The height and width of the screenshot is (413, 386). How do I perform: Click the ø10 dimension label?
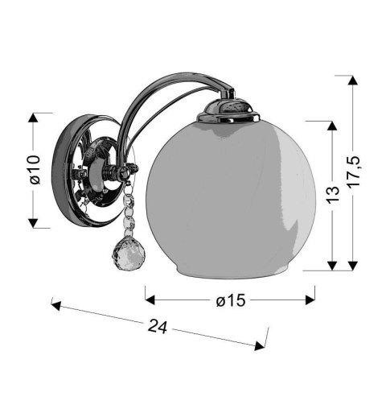point(35,170)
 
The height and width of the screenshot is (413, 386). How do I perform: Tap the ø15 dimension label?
point(231,300)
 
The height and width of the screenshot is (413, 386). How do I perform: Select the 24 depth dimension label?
point(158,326)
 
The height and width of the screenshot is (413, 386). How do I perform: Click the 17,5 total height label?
point(353,172)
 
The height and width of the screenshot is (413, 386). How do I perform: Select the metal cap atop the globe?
point(228,110)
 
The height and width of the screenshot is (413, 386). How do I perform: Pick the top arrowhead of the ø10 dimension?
point(33,118)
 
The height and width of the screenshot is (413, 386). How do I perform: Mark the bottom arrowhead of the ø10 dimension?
point(33,223)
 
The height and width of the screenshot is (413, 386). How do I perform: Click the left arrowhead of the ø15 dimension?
point(150,299)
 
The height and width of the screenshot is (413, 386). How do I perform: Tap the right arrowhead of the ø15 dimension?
point(310,299)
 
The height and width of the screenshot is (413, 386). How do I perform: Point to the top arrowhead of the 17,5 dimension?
point(353,81)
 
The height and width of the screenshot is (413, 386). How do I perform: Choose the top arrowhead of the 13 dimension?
point(332,126)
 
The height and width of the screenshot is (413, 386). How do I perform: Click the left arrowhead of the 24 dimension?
point(56,305)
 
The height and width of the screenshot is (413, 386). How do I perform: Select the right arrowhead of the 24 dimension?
point(260,345)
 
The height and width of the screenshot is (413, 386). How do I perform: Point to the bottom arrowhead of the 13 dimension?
point(332,266)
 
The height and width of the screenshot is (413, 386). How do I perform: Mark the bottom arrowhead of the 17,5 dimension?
point(353,266)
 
